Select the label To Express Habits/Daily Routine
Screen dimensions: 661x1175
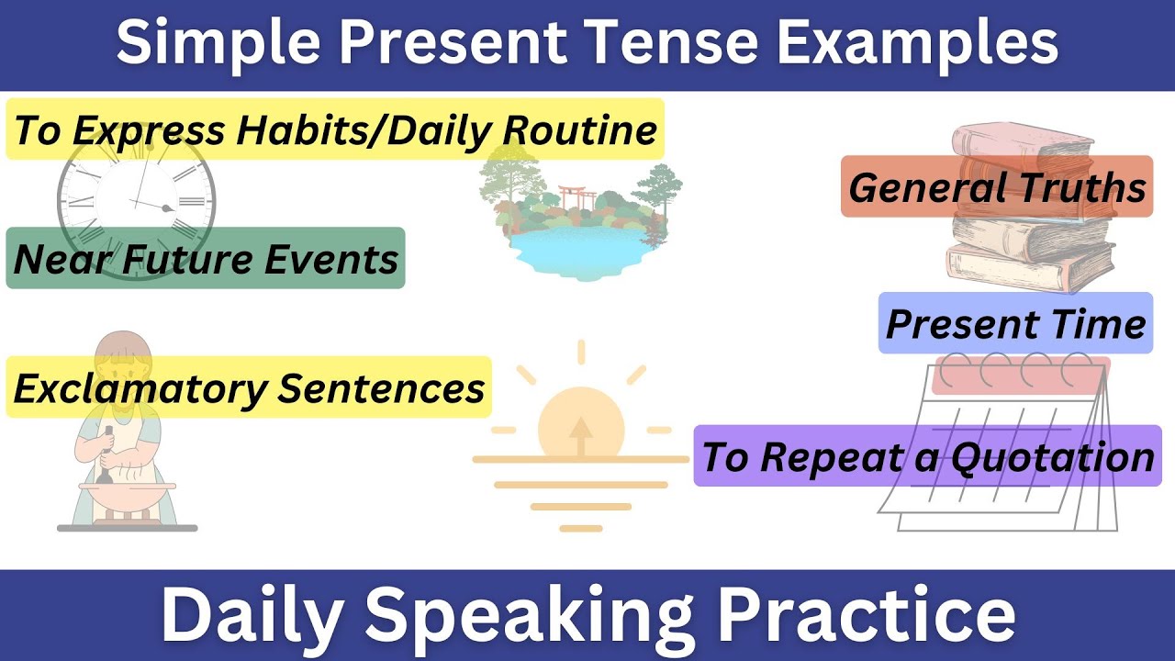pyautogui.click(x=334, y=129)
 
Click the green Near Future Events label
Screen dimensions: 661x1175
pyautogui.click(x=206, y=259)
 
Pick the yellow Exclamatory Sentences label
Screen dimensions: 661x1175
pyautogui.click(x=248, y=387)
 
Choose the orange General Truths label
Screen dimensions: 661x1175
pyautogui.click(x=996, y=186)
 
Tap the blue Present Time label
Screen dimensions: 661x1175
pyautogui.click(x=1015, y=323)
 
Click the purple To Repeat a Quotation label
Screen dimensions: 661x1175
pyautogui.click(x=927, y=455)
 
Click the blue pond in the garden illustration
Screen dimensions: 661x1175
pyautogui.click(x=578, y=249)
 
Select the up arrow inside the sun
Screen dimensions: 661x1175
pyautogui.click(x=580, y=435)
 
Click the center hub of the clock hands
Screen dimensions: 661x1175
pyautogui.click(x=166, y=208)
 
